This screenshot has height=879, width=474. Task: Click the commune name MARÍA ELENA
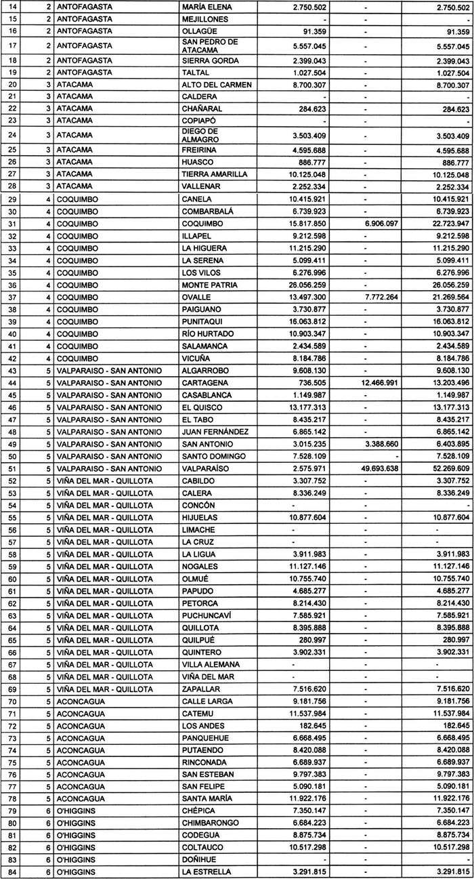[x=207, y=7]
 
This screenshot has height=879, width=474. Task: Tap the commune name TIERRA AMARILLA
[x=216, y=174]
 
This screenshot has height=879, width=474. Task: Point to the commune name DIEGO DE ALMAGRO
[x=202, y=134]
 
